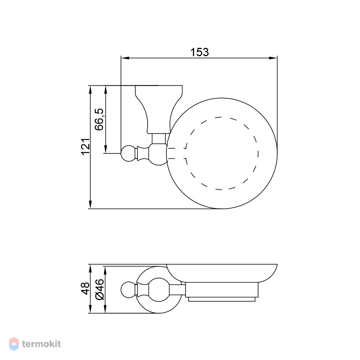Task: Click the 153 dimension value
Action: click(199, 52)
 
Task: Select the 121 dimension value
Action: click(86, 147)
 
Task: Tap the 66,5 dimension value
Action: click(99, 120)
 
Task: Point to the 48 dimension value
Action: click(85, 288)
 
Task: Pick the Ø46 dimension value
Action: click(100, 289)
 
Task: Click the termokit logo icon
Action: click(14, 344)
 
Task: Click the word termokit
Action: click(41, 344)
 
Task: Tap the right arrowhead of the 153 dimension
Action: click(273, 58)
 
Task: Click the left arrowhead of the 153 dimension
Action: click(125, 58)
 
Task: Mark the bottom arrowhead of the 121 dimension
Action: click(90, 204)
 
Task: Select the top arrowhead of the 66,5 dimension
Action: click(105, 90)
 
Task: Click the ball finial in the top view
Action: click(129, 153)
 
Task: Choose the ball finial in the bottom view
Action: click(129, 290)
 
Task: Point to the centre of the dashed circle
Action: click(222, 153)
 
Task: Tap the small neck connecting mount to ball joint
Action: click(159, 139)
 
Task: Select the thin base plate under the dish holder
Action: click(222, 299)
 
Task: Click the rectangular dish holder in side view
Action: click(222, 290)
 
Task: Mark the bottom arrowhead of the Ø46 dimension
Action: click(105, 309)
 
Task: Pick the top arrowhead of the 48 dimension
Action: click(90, 269)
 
